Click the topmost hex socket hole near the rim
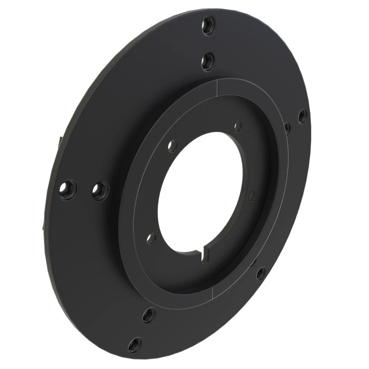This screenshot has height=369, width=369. (209, 27)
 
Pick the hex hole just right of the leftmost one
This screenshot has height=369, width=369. (100, 191)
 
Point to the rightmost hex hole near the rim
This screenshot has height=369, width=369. (302, 116)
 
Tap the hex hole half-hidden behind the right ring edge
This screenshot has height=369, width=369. (287, 127)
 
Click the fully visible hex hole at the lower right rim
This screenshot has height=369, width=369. (261, 273)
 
